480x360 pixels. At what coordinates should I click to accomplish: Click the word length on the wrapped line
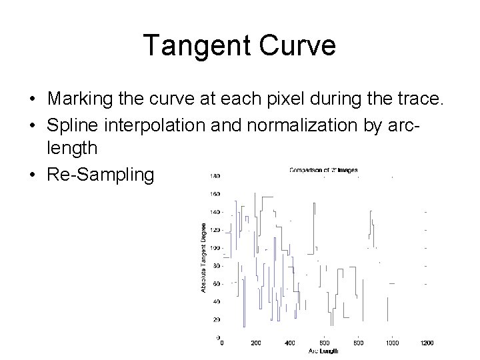coord(71,149)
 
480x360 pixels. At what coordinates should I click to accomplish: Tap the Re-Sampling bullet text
coord(100,175)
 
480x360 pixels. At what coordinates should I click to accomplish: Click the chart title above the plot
coord(323,170)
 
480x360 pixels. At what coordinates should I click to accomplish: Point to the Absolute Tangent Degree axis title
coord(203,257)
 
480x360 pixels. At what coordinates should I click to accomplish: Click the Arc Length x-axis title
coord(324,351)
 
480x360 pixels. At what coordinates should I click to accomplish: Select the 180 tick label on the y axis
coord(215,176)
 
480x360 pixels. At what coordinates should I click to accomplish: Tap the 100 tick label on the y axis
coord(215,248)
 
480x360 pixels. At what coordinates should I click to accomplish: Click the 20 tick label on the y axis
coord(217,319)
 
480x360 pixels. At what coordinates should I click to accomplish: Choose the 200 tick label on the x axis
coord(256,343)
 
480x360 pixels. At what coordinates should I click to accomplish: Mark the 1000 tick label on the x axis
coord(392,343)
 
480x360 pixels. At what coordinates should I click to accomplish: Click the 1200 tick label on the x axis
coord(427,343)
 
